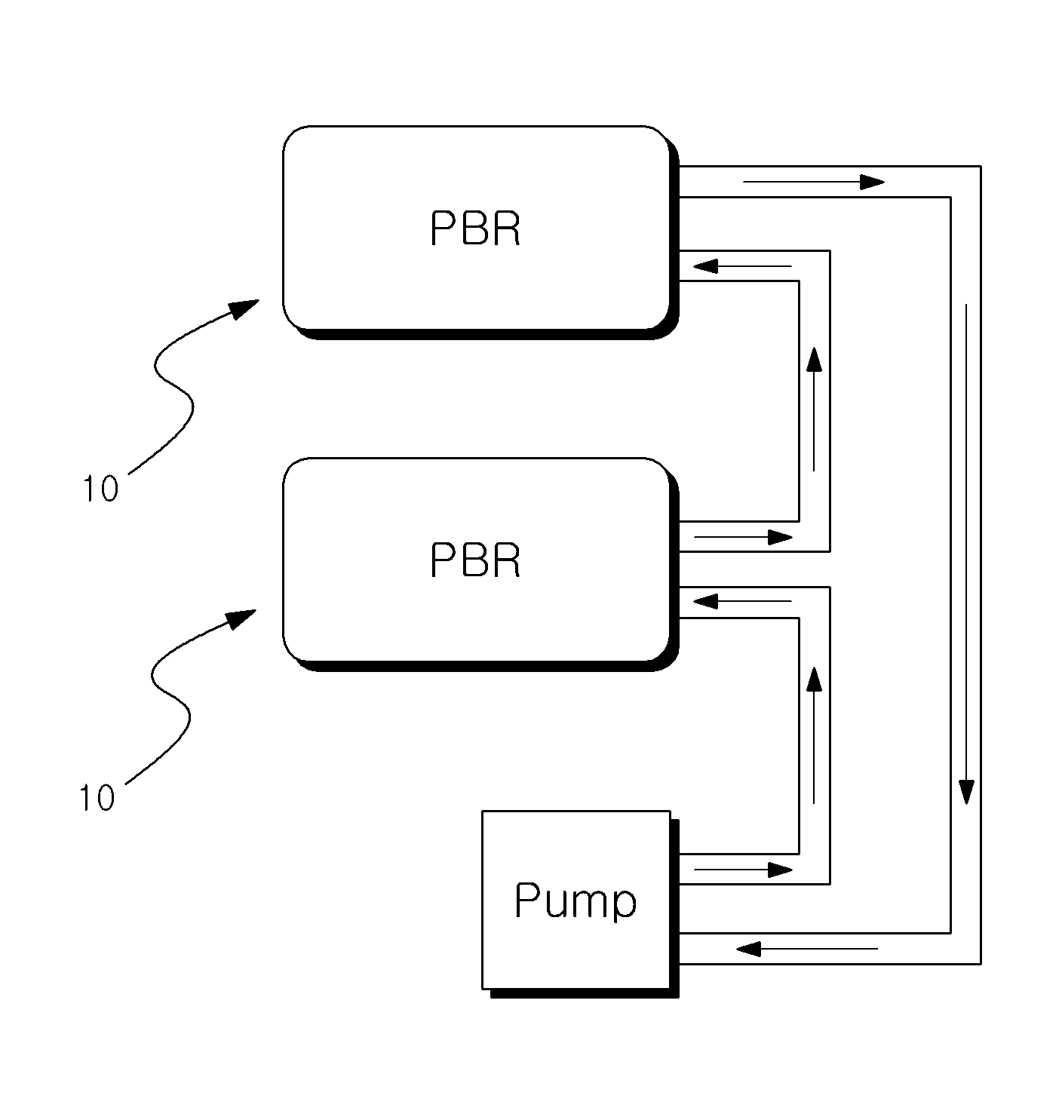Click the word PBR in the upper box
475,229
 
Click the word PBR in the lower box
475,560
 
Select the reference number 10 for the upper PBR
101,489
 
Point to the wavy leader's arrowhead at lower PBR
241,619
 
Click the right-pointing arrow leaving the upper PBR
814,183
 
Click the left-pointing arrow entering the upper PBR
741,266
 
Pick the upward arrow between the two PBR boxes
815,409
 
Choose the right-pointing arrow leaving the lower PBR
743,537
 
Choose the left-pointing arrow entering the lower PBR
741,601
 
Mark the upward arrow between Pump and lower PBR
815,735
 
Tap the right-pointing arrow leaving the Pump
743,870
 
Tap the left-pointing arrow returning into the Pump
807,949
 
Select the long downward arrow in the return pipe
966,554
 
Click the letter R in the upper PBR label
505,229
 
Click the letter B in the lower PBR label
475,560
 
